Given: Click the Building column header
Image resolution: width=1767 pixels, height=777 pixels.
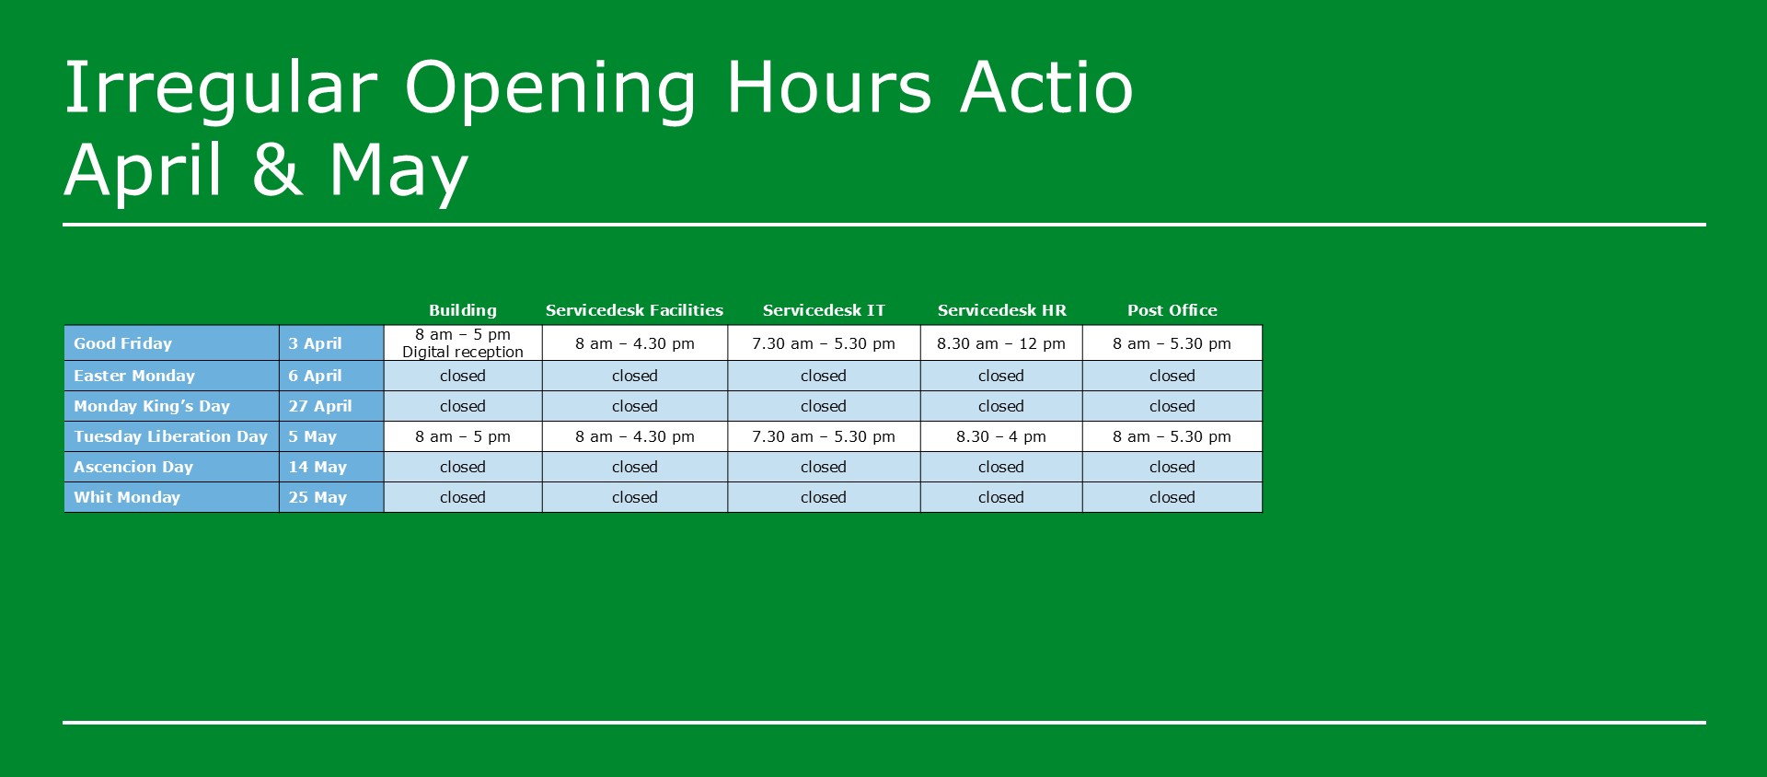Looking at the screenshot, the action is coord(462,310).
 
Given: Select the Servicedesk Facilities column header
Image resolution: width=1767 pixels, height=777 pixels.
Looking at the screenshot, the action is coord(634,310).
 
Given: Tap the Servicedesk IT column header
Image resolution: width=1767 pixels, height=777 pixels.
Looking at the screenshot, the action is coord(824,310).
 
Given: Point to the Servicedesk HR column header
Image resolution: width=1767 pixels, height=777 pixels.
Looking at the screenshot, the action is coord(1001,310).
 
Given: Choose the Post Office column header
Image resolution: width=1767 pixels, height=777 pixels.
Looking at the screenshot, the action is coord(1172,310).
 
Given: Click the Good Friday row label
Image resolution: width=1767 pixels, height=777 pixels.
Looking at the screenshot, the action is coord(122,343).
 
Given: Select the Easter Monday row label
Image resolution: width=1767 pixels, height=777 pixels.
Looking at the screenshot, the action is coord(134,376).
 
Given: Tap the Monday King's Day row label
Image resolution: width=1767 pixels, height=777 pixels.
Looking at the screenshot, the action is coord(152,406).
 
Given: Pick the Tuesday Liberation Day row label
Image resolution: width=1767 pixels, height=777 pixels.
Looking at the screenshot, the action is coord(170,436).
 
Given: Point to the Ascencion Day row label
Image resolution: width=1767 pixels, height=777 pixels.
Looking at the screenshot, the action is coord(133,467).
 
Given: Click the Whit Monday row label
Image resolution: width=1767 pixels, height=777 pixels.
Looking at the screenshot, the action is coord(127,497).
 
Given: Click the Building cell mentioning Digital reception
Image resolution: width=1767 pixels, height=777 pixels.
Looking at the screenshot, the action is coord(462,342).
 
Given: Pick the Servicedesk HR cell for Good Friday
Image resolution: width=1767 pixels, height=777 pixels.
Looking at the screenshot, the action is coord(1001,343).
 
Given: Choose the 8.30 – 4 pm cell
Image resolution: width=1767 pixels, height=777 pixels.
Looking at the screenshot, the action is coord(1001,436).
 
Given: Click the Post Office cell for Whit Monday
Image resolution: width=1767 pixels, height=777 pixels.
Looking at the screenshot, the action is coord(1172,497).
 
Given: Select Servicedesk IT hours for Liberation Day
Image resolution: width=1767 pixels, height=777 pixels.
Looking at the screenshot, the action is coord(824,436).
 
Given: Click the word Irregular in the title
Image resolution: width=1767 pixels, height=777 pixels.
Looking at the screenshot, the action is coord(222,89).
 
